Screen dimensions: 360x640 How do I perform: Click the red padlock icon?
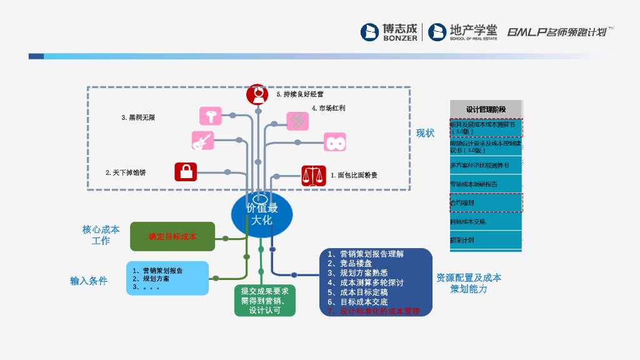(186, 171)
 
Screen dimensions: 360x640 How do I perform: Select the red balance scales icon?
(314, 176)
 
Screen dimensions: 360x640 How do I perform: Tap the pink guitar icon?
(202, 141)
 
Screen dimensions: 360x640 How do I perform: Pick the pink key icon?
(211, 116)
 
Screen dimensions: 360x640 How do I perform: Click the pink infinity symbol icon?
(335, 142)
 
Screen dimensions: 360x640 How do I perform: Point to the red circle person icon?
(257, 94)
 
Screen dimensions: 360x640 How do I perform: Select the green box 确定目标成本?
(172, 236)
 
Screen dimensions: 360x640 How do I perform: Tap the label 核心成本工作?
(101, 235)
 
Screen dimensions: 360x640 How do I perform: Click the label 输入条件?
(89, 281)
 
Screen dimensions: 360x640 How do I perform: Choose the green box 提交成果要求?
(264, 301)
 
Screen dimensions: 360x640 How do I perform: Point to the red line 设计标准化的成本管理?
(374, 311)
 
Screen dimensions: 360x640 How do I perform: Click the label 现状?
(426, 134)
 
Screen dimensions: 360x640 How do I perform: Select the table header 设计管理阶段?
(486, 109)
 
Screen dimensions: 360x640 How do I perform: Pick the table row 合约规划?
(486, 203)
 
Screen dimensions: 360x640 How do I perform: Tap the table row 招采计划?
(486, 240)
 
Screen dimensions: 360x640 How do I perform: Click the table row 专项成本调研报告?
(486, 184)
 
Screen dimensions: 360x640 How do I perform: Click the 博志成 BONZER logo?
(389, 32)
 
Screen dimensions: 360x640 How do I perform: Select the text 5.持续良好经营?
(299, 94)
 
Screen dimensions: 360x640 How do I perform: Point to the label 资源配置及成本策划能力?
(469, 283)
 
